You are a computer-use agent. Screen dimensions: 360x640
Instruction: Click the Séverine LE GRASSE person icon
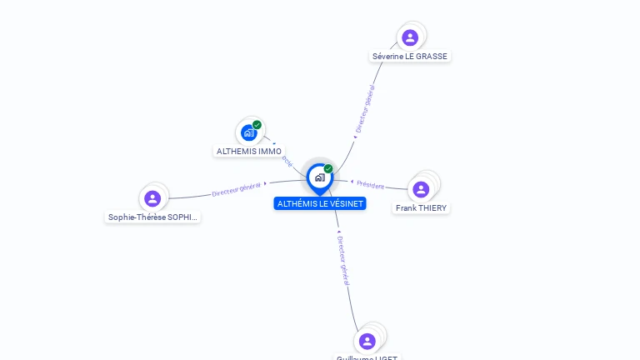point(410,37)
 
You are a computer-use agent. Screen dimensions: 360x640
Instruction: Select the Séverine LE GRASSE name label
point(410,57)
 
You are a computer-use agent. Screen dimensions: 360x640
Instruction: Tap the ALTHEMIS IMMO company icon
point(248,132)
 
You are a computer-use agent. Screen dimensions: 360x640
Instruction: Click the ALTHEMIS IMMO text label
point(249,152)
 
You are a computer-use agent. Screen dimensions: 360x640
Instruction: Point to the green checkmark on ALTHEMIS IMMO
point(257,125)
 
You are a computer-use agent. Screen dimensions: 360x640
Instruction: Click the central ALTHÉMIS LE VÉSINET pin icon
point(319,177)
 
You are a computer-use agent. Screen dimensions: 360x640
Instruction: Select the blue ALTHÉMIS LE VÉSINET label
point(320,203)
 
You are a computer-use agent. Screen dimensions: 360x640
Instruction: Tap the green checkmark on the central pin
point(328,169)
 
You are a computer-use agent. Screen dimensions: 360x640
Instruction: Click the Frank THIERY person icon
point(421,189)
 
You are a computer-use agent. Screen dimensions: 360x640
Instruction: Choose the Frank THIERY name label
point(422,207)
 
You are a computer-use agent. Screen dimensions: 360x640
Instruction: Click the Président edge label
point(371,185)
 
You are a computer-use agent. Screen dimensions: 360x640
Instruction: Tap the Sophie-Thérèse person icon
point(152,198)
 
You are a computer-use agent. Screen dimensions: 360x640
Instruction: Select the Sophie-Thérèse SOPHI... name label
point(154,217)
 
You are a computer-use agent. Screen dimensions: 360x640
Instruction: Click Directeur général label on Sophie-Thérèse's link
point(237,188)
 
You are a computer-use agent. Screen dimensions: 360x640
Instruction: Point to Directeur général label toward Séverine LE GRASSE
point(365,109)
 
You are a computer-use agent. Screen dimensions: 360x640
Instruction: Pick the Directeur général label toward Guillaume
point(343,261)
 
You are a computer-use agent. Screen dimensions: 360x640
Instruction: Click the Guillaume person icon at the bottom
point(367,341)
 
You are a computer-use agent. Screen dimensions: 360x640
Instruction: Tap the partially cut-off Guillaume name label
point(367,357)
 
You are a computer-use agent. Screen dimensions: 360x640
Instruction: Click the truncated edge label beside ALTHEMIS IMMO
point(287,160)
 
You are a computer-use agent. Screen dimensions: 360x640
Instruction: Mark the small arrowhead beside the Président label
point(353,181)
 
